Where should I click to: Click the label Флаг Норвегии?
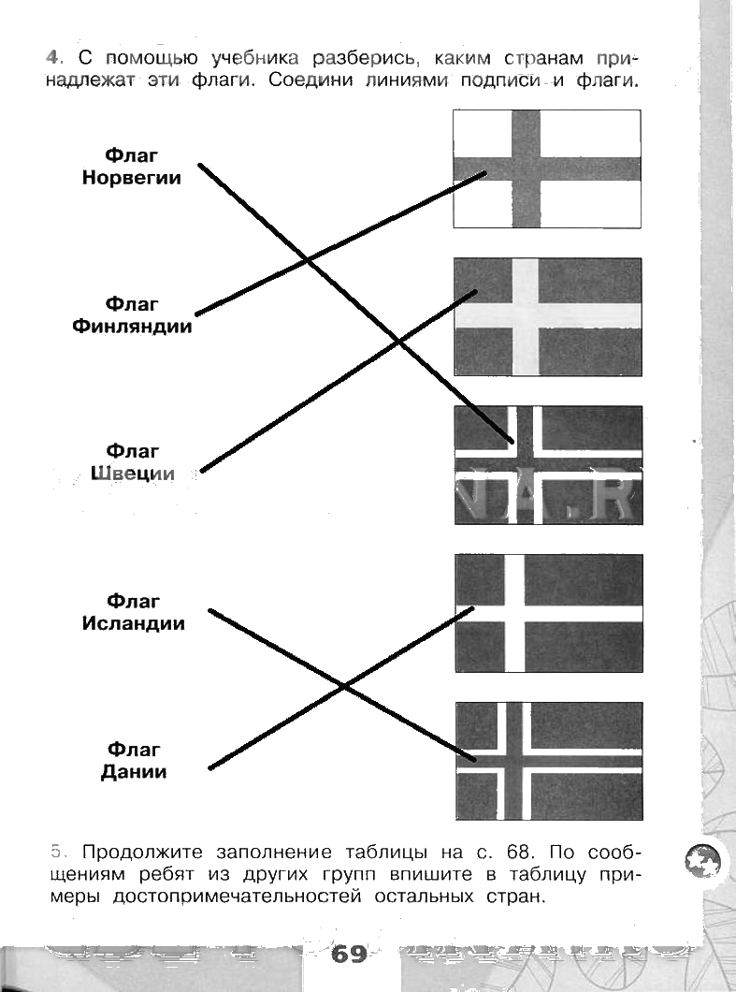coord(132,166)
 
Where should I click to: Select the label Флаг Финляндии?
coord(132,315)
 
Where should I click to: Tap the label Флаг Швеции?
coord(132,462)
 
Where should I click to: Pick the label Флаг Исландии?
coord(133,612)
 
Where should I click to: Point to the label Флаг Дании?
coord(133,761)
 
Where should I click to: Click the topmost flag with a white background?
coord(547,168)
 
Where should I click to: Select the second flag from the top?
coord(547,316)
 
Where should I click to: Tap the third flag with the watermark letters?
coord(547,465)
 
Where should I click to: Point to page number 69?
coord(348,955)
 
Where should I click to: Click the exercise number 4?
coord(52,57)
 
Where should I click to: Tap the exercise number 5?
coord(56,852)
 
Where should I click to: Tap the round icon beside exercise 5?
coord(703,859)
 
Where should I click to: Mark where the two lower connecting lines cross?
coord(343,687)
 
